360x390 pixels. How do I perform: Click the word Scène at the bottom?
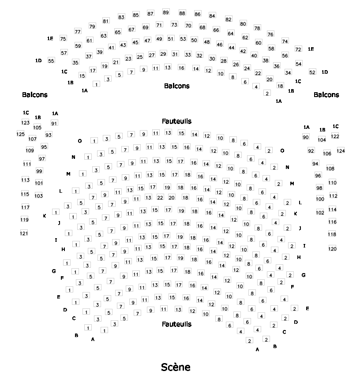(176, 367)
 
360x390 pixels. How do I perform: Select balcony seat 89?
(166, 12)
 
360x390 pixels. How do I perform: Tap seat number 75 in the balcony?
(63, 39)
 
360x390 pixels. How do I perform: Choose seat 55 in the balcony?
(51, 60)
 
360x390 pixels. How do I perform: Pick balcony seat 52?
(312, 72)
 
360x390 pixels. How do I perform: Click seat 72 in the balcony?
(298, 49)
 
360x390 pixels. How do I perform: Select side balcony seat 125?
(21, 134)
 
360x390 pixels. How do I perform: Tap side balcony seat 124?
(341, 151)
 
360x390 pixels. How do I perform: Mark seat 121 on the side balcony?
(24, 233)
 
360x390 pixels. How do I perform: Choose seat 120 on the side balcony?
(333, 249)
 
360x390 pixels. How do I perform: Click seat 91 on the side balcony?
(54, 123)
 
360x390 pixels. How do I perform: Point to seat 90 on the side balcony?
(306, 137)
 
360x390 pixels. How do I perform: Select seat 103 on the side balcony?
(39, 195)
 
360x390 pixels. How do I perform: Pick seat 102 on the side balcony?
(320, 212)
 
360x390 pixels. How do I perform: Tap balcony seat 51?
(171, 38)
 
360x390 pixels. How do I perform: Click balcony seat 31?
(175, 54)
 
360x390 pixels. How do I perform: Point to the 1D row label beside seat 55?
(38, 60)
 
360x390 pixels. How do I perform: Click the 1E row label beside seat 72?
(311, 49)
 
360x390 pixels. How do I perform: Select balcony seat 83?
(121, 17)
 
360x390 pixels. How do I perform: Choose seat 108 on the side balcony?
(330, 168)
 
